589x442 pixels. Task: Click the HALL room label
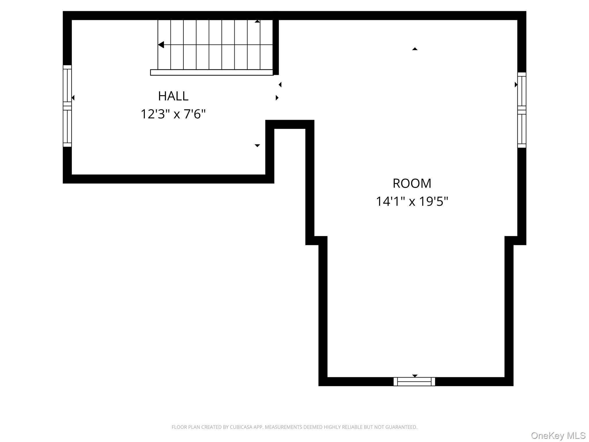click(x=173, y=96)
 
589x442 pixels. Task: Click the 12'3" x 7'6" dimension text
click(x=173, y=114)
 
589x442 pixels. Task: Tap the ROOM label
click(x=412, y=184)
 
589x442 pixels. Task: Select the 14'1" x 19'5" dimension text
click(x=412, y=201)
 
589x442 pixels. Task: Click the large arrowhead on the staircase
click(x=161, y=45)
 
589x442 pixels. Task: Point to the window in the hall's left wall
click(x=67, y=106)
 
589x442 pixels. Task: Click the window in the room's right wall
click(x=522, y=110)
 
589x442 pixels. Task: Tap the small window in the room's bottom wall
click(x=414, y=382)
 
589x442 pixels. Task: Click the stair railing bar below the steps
click(x=212, y=73)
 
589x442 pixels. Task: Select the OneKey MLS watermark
click(x=558, y=436)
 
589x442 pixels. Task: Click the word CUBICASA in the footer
click(x=241, y=427)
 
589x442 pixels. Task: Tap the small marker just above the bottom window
click(x=415, y=376)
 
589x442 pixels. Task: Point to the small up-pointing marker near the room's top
click(x=415, y=49)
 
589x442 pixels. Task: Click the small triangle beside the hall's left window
click(x=73, y=98)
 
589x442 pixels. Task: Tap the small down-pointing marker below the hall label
click(x=257, y=146)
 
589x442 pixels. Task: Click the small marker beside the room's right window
click(x=516, y=85)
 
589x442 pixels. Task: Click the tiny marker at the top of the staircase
click(x=257, y=21)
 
